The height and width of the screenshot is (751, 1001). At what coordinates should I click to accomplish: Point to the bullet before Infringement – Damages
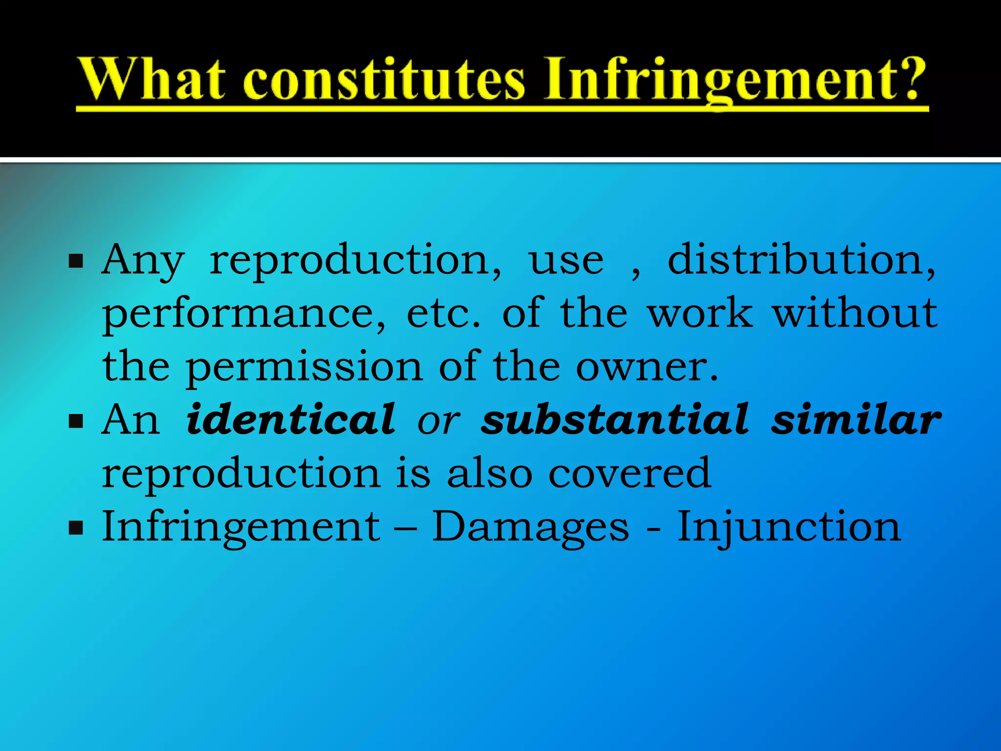(76, 528)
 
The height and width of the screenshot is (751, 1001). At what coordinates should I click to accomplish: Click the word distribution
(802, 260)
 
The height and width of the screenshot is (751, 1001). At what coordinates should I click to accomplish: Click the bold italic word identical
(291, 419)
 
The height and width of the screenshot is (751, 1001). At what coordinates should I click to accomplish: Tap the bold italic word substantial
(615, 419)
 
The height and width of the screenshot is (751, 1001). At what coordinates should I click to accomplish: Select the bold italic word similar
(856, 420)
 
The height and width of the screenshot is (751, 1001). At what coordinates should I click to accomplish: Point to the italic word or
(438, 421)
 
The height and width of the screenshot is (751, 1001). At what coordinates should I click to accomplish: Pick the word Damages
(531, 527)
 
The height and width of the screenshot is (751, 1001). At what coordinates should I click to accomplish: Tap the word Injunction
(789, 527)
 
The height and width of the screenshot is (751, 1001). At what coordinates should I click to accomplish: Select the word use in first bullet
(566, 261)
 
